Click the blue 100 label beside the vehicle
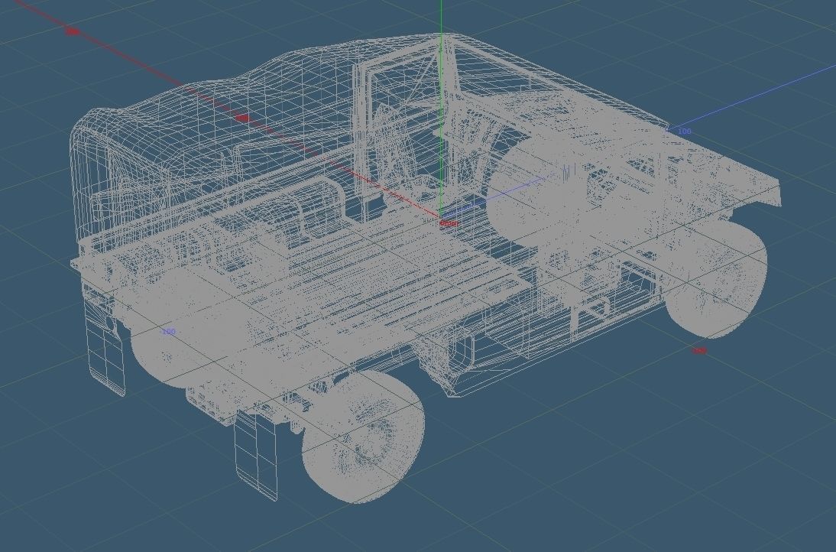(x=684, y=132)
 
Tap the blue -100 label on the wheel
(x=168, y=332)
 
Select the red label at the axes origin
(x=449, y=223)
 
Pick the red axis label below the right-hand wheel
(x=698, y=351)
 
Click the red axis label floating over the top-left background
(x=72, y=31)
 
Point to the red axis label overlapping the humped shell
(x=242, y=118)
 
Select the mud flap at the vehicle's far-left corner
(x=107, y=356)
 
